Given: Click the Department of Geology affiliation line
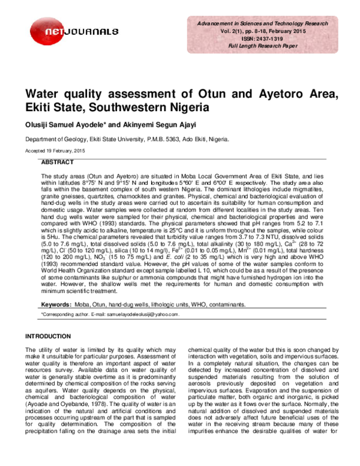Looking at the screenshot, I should tap(118, 139).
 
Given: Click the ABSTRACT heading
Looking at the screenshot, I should tap(58, 163).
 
